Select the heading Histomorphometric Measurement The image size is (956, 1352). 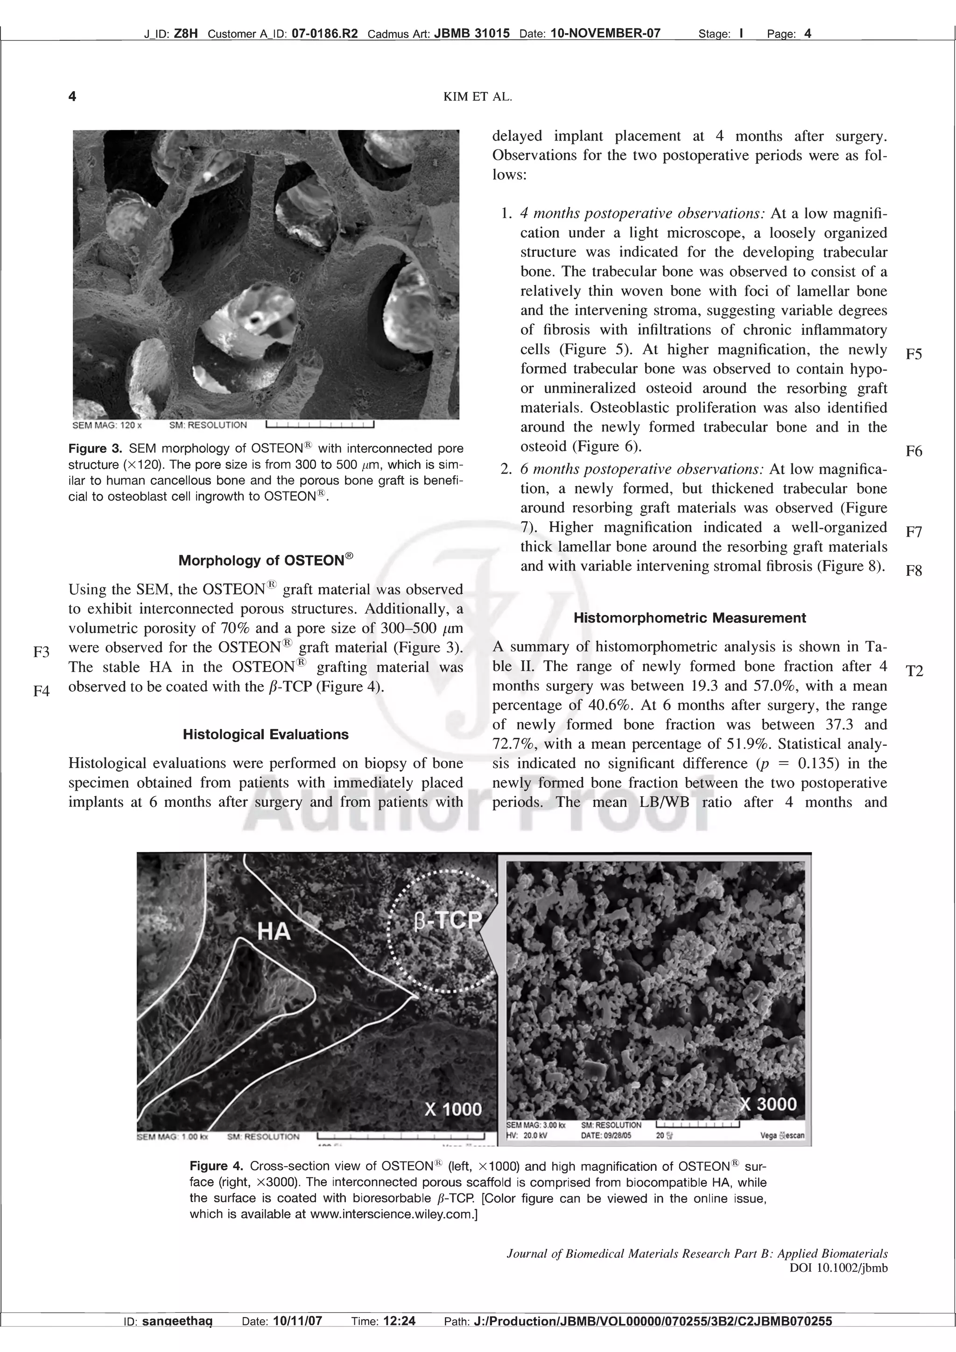(x=689, y=618)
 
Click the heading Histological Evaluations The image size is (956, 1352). (x=266, y=734)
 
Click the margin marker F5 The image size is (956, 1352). (x=914, y=354)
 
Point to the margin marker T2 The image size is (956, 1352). (x=914, y=671)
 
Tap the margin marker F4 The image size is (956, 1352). (x=41, y=691)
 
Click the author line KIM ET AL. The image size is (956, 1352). (x=478, y=97)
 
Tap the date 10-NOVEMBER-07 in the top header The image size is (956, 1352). (x=605, y=34)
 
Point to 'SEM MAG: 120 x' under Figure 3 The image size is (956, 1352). (x=106, y=425)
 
